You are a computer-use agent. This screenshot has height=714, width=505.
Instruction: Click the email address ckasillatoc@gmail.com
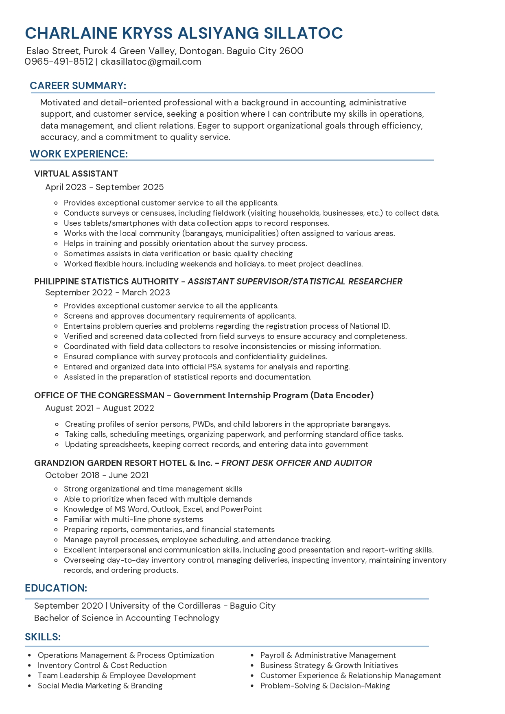tap(151, 62)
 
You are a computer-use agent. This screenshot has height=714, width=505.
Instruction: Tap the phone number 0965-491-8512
tap(59, 62)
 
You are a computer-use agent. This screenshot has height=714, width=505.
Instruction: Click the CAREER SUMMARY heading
tap(78, 86)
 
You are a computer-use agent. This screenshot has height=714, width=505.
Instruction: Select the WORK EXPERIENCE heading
tap(79, 154)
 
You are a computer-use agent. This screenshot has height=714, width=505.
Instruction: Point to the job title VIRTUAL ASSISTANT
tap(76, 174)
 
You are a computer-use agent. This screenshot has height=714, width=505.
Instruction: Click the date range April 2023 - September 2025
tap(104, 187)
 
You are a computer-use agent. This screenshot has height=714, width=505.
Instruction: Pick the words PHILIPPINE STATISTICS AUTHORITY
tap(106, 282)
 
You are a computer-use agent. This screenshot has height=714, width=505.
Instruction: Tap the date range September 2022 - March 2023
tap(107, 293)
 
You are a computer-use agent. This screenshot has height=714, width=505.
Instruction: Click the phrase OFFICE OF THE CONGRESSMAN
tap(99, 395)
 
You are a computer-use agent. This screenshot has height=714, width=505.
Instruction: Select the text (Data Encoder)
tap(342, 395)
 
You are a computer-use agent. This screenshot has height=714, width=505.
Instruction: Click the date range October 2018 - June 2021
tap(97, 475)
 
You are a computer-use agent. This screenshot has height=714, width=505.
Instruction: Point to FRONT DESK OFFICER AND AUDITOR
tap(296, 463)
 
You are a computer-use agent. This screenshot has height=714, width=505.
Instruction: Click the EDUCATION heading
tap(56, 588)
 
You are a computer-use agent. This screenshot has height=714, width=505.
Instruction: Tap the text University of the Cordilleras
tap(165, 606)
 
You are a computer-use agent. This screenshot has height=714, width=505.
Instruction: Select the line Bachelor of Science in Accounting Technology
tap(127, 618)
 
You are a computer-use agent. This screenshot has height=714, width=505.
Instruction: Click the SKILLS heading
tap(43, 637)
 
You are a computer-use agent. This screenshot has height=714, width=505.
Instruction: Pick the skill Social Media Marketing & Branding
tap(100, 686)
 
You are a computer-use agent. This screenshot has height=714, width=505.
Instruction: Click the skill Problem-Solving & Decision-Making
tap(325, 686)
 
